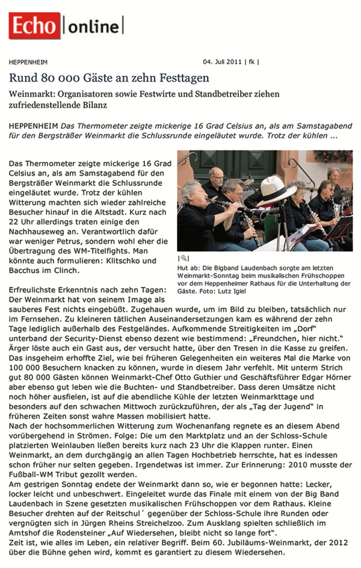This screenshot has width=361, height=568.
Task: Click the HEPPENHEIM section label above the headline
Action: [28, 62]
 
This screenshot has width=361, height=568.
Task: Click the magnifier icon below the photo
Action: [182, 258]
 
